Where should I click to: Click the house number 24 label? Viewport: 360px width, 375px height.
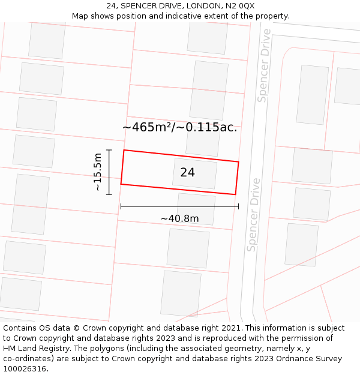187,172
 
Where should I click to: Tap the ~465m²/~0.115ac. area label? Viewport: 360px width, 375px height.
179,127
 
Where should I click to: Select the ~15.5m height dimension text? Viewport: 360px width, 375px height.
98,172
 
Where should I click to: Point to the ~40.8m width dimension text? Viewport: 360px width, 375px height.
179,218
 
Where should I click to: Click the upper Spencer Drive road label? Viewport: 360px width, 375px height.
264,65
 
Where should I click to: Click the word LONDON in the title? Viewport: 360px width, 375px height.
203,5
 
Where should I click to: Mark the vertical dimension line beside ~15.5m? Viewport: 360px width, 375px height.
109,172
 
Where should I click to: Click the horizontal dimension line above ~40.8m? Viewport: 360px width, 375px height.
179,206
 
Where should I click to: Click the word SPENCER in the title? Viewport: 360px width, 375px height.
141,5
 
